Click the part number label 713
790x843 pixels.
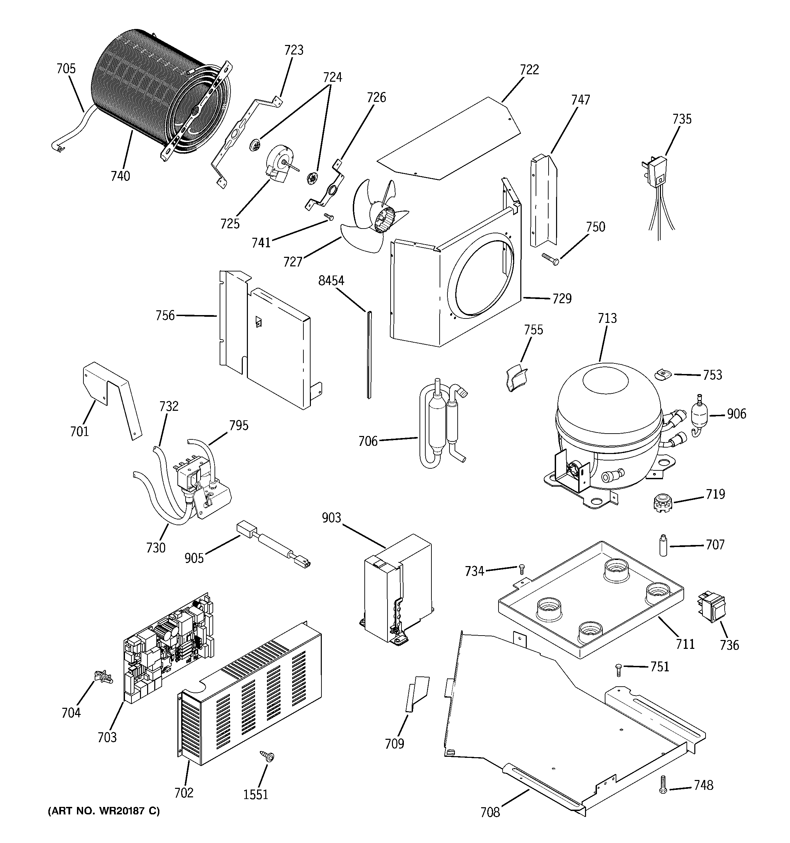(607, 318)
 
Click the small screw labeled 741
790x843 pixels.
(329, 217)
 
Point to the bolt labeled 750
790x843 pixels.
(550, 258)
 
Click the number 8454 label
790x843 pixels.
(331, 281)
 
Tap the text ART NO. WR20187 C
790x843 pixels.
(104, 812)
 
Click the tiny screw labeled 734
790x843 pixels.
(522, 568)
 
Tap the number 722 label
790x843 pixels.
(529, 69)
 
